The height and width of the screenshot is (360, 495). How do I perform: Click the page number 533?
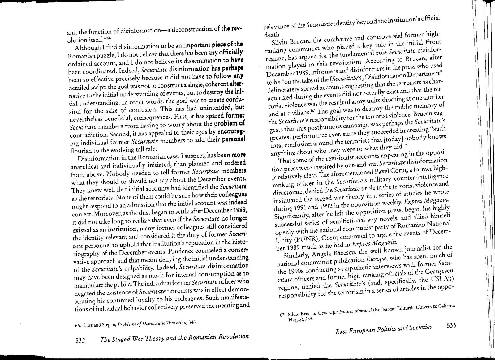point(451,327)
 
